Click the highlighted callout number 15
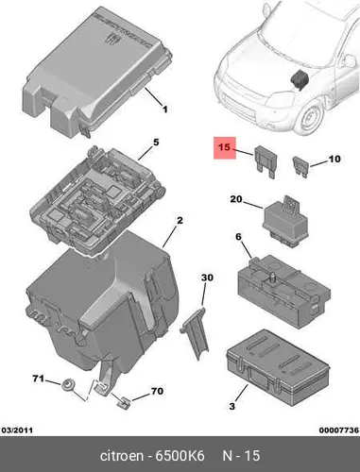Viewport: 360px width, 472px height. tap(225, 147)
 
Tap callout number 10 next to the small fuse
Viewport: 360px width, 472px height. tap(334, 159)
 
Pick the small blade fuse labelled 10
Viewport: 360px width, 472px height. tap(300, 166)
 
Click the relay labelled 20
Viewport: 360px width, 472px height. tap(285, 222)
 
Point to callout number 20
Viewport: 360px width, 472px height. tap(236, 199)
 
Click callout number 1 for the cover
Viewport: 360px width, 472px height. tap(164, 110)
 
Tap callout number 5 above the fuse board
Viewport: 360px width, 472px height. tap(156, 143)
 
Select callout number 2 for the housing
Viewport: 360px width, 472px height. tap(180, 221)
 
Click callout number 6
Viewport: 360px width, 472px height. tap(238, 237)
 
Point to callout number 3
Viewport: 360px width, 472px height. tap(232, 406)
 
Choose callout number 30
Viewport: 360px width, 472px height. tap(207, 278)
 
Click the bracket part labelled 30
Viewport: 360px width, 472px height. tap(195, 333)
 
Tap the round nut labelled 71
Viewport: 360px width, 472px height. tap(67, 385)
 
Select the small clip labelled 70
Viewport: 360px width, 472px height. tap(123, 402)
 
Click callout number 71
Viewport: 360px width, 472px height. tap(39, 379)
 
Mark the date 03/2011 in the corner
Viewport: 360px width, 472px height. tap(17, 430)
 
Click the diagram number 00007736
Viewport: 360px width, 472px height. tap(339, 430)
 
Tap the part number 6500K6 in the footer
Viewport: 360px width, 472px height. tap(180, 456)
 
